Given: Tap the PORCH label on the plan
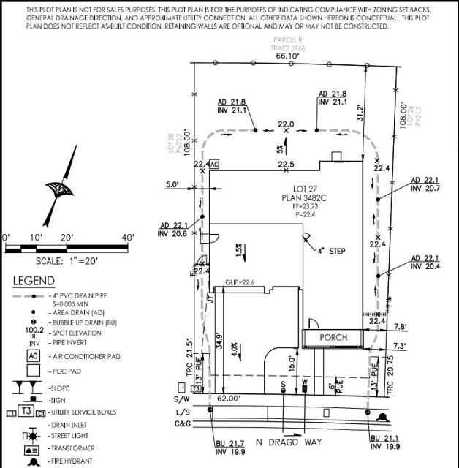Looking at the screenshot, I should click(333, 337).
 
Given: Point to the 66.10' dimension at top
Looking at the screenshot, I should click(287, 55).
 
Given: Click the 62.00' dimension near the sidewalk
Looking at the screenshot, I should click(228, 399).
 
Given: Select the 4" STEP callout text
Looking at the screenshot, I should click(331, 251).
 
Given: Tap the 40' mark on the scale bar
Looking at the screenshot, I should click(128, 238).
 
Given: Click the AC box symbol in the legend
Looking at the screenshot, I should click(33, 355).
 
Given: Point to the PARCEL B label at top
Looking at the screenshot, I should click(287, 39).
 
